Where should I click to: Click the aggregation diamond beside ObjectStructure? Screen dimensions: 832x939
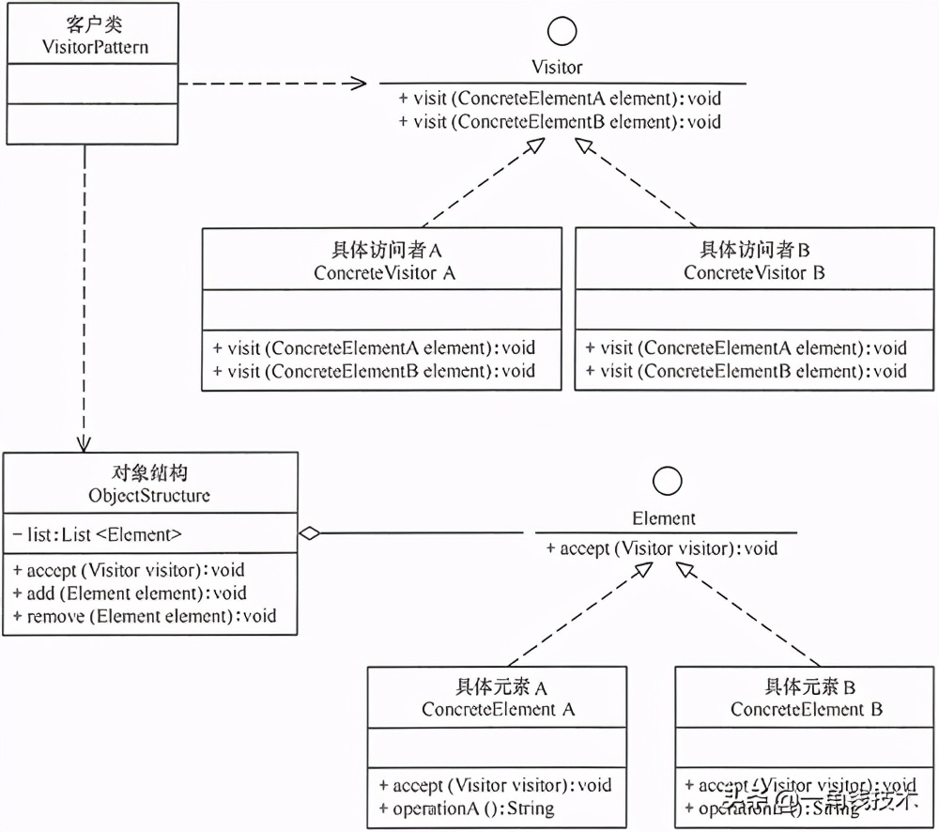[309, 534]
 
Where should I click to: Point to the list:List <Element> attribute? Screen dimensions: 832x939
[98, 535]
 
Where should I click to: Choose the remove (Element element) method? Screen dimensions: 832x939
[145, 616]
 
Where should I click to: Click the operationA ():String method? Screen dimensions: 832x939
[467, 808]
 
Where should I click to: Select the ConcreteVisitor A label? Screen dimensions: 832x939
[385, 273]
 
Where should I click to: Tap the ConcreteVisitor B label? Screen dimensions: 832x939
[755, 273]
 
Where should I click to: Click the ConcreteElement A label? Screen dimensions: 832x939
[498, 710]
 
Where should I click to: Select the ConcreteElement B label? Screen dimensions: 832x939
[807, 710]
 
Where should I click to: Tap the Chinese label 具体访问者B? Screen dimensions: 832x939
[755, 250]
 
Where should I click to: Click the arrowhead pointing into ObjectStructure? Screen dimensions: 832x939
[85, 442]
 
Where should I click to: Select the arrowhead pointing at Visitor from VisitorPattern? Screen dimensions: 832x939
[356, 84]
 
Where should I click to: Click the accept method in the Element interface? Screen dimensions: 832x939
[661, 548]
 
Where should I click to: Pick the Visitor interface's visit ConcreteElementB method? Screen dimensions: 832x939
[560, 121]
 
